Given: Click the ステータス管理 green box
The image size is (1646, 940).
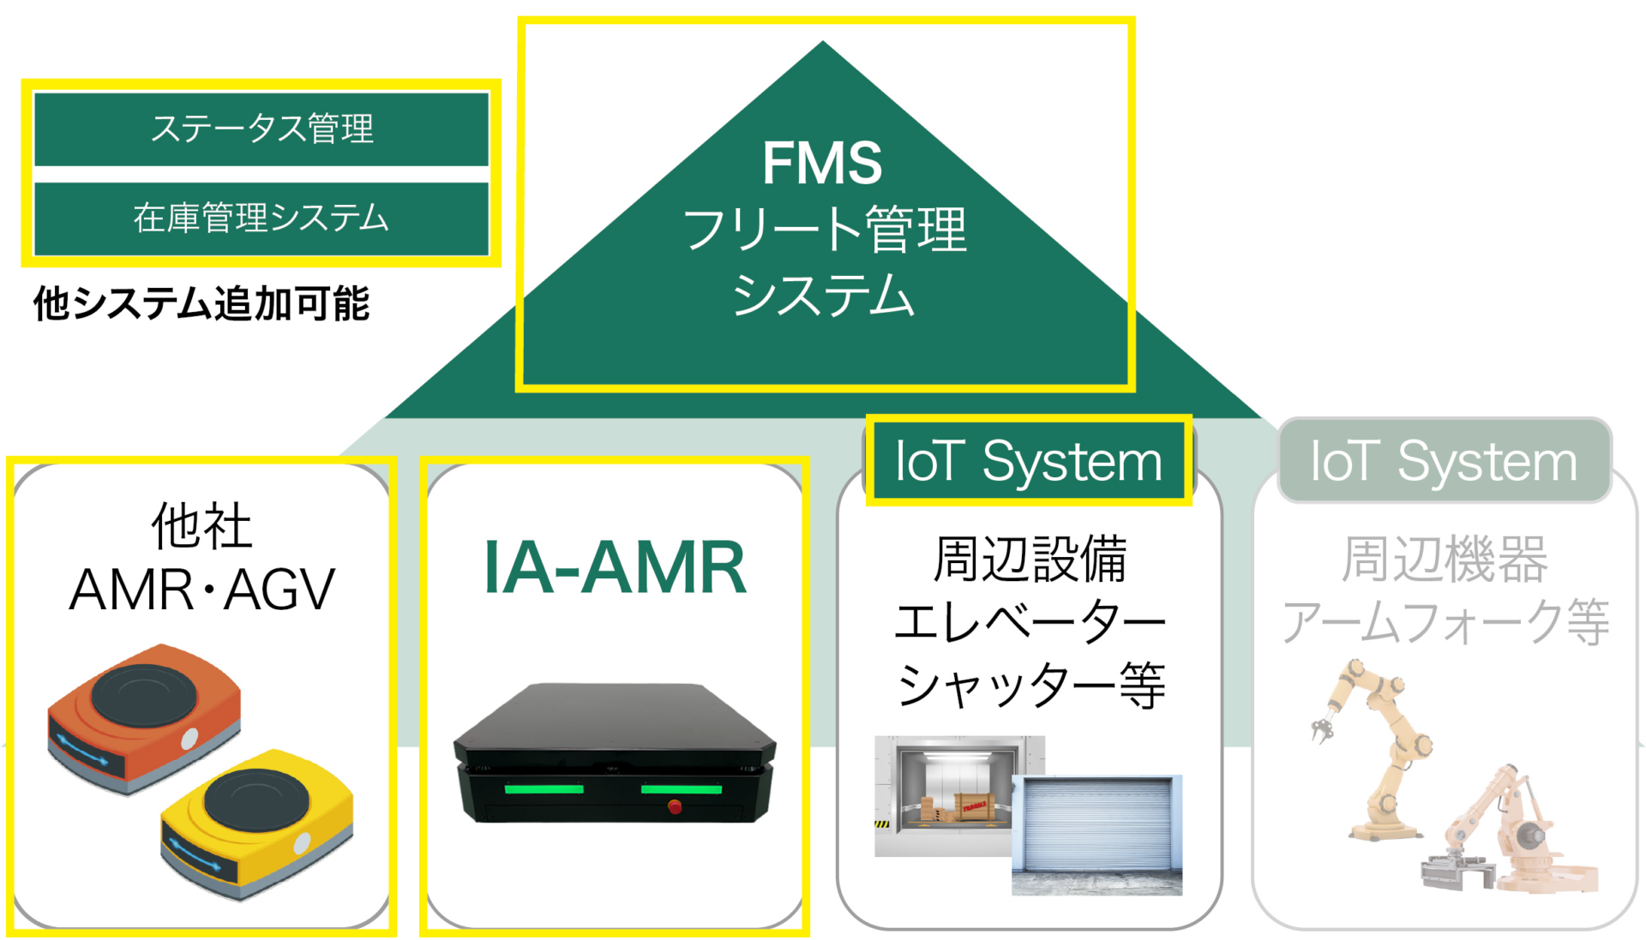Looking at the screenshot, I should click(261, 129).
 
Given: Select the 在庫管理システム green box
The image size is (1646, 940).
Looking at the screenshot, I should click(261, 219).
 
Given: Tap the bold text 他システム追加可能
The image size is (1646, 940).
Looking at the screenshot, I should click(201, 303).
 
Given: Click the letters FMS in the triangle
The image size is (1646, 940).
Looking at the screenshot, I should click(822, 163).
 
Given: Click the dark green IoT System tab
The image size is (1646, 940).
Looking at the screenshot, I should click(1028, 461).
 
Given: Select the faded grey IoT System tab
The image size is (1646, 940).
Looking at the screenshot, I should click(1444, 461).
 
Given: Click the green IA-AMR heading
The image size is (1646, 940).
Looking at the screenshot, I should click(615, 567).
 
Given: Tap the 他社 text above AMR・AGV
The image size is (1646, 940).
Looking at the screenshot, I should click(201, 525).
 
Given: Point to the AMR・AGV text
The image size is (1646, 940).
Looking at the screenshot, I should click(201, 590).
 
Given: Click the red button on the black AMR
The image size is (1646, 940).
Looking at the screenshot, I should click(675, 806).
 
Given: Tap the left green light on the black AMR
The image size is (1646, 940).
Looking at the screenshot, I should click(544, 788).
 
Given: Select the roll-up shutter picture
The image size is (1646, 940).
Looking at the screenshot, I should click(1097, 835).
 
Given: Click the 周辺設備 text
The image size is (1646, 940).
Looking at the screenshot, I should click(1030, 559).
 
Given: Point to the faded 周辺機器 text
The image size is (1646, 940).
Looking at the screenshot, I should click(1445, 559).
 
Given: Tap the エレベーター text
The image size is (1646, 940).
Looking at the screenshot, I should click(1030, 622).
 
